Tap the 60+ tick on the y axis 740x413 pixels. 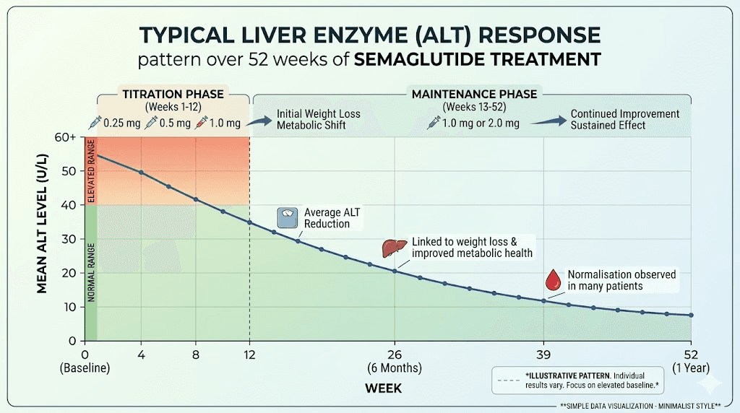click(67, 137)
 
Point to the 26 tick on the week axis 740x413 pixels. click(395, 355)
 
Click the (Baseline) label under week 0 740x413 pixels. click(85, 368)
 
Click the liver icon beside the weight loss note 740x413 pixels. click(391, 248)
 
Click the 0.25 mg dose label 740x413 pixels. click(121, 123)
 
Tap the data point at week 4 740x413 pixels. click(141, 173)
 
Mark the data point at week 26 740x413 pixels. click(395, 271)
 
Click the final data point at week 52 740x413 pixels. click(692, 316)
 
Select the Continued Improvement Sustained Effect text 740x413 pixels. click(624, 119)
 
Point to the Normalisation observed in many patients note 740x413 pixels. click(621, 280)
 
